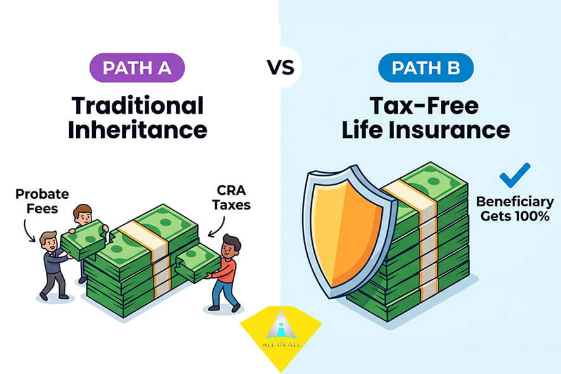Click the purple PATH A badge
click(137, 68)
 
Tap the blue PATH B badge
click(425, 68)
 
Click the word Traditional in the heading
click(137, 106)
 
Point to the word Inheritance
click(137, 130)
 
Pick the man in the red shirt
click(225, 270)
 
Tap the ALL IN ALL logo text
click(280, 344)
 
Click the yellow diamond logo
click(280, 330)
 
